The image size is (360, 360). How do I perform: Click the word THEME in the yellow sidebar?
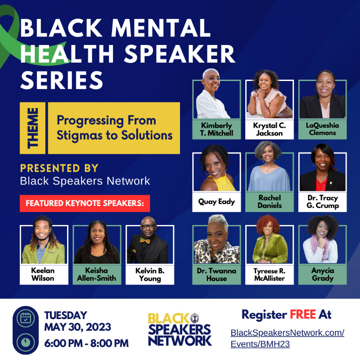tap(32, 128)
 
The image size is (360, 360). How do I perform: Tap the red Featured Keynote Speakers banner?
tap(85, 203)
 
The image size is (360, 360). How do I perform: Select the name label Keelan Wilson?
tap(43, 274)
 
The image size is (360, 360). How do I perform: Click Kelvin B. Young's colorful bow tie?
tap(145, 240)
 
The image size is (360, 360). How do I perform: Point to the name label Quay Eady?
tap(216, 202)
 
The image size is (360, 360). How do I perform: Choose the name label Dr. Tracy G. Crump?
tap(323, 202)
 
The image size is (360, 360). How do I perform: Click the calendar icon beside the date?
tap(26, 319)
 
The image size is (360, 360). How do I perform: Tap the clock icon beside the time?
tap(26, 342)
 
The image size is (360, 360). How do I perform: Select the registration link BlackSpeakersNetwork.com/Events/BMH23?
tap(287, 338)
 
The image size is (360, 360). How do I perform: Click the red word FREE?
tap(303, 314)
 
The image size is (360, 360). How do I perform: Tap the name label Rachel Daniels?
tap(270, 202)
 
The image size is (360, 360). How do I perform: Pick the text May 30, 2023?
tap(77, 327)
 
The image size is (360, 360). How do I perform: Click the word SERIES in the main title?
tap(62, 80)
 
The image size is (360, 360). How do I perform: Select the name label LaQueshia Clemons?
tap(322, 129)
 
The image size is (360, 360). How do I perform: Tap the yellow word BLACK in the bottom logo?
tap(168, 319)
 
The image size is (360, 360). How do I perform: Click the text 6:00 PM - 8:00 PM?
tap(86, 343)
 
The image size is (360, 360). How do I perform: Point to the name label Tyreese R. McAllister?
tap(270, 274)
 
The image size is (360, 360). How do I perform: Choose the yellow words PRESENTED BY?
tap(59, 168)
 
